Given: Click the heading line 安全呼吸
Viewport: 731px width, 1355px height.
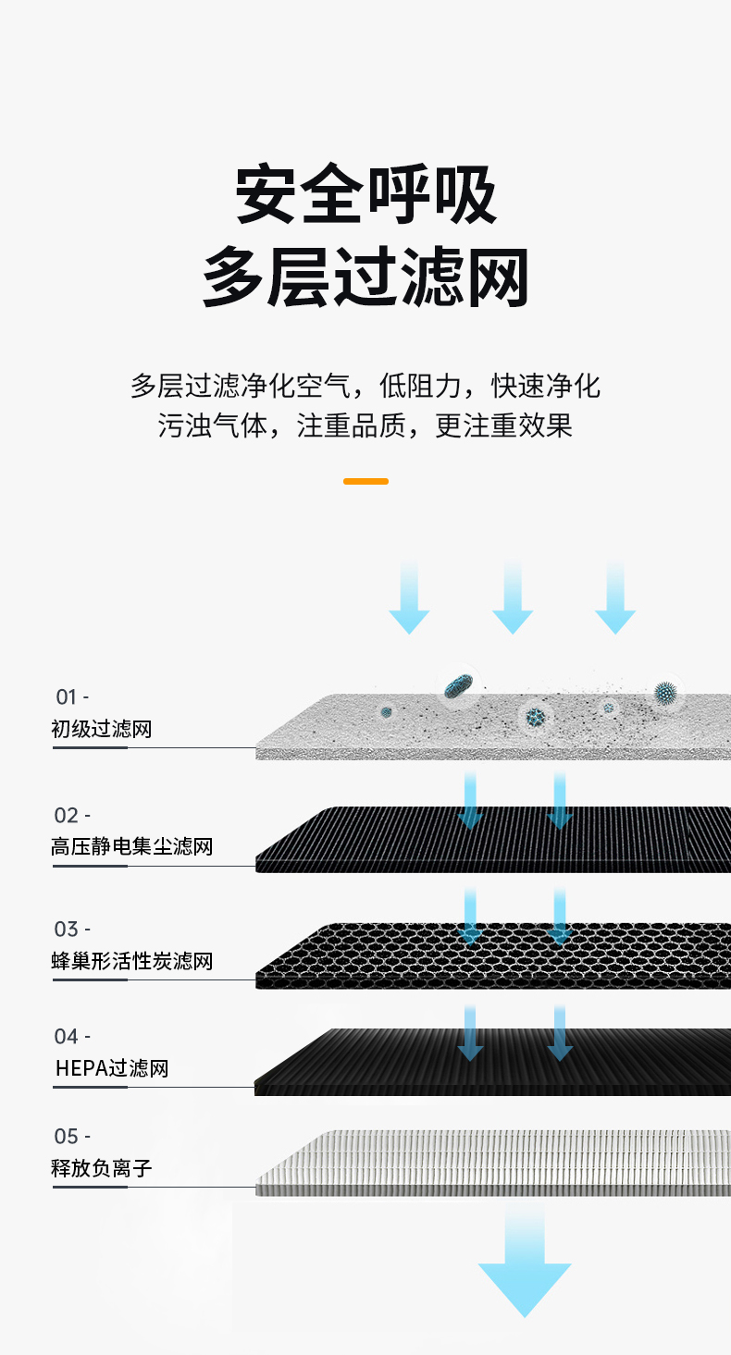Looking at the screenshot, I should [x=365, y=196].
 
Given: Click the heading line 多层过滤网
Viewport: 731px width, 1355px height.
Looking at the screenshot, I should [x=365, y=277].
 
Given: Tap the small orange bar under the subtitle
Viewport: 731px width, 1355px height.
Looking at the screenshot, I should [x=365, y=481].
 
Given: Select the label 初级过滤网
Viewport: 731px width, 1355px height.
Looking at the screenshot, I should [x=101, y=729].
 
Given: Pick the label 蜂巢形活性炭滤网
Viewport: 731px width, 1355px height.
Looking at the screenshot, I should [x=131, y=961].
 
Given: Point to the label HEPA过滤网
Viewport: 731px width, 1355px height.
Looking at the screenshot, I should [x=112, y=1069].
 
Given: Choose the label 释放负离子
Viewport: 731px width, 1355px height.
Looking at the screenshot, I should [x=101, y=1168].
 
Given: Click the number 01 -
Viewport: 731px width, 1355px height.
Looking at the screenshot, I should [x=72, y=696].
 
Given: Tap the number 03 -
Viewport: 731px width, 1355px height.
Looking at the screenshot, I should [x=72, y=929].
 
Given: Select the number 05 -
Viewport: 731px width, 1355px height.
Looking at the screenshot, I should [x=72, y=1136].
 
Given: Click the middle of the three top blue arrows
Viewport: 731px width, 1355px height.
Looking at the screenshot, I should [x=513, y=599].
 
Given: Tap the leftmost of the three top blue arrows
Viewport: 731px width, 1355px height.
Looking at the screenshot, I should [x=409, y=599].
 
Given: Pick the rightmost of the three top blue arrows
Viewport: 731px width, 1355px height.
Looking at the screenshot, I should [x=615, y=599].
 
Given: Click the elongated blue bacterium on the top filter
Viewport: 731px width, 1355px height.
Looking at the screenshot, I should [x=458, y=685].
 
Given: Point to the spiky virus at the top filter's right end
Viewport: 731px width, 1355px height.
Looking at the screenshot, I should [x=664, y=692].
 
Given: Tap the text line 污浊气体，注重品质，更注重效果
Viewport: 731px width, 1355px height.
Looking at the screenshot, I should [x=365, y=425].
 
